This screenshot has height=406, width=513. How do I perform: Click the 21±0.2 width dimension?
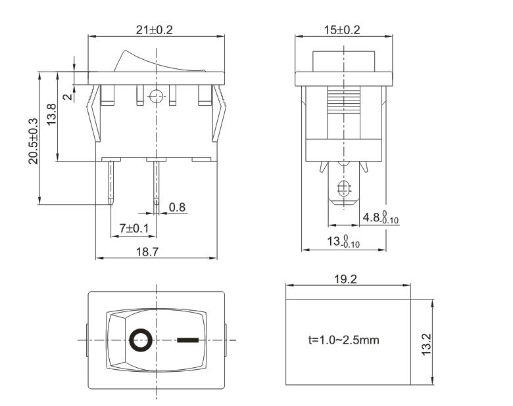coord(157,30)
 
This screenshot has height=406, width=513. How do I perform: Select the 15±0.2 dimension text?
coord(341,30)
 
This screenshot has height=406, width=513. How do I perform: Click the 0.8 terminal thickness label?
coord(177,208)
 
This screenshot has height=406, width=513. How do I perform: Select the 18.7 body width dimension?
coord(156,251)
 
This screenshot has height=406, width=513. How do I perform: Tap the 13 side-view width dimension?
coord(344,242)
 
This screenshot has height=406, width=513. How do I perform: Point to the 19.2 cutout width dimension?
coord(345,279)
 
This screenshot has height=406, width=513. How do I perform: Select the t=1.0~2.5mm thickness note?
coord(343,340)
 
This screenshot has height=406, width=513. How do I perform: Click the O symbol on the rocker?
coord(141,340)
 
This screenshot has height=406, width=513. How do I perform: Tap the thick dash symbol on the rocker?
coord(187,340)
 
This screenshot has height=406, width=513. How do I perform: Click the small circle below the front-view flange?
coord(156,97)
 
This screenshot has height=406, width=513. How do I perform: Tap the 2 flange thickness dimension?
coord(67,95)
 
